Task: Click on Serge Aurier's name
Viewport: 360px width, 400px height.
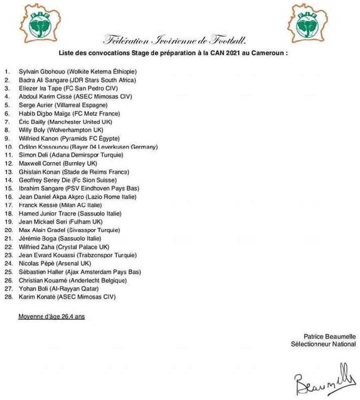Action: [x=36, y=105]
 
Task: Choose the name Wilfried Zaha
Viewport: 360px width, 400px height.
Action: [x=37, y=247]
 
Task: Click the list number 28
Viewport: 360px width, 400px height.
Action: [x=8, y=297]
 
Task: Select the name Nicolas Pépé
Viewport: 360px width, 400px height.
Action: [x=36, y=264]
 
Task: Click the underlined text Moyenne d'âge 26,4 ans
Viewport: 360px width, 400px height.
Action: [x=52, y=317]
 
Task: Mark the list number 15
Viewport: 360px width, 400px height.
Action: [x=8, y=188]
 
